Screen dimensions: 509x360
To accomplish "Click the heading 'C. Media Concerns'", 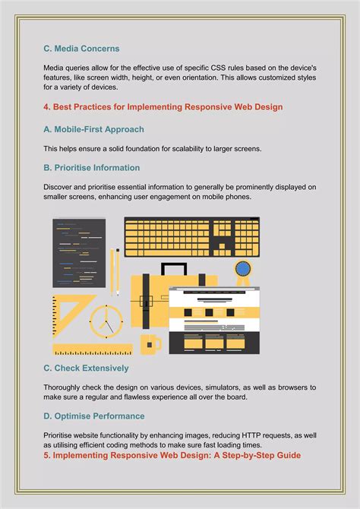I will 81,49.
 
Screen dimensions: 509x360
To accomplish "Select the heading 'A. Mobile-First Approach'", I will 93,129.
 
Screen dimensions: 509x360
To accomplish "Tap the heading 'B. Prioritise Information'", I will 91,168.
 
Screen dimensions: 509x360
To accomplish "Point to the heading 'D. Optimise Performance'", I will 93,416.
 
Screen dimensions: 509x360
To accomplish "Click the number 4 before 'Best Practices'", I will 46,107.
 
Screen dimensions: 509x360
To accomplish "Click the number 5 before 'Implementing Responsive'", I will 46,455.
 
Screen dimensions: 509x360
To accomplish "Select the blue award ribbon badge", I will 243,270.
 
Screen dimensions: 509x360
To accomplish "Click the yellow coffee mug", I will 152,343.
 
